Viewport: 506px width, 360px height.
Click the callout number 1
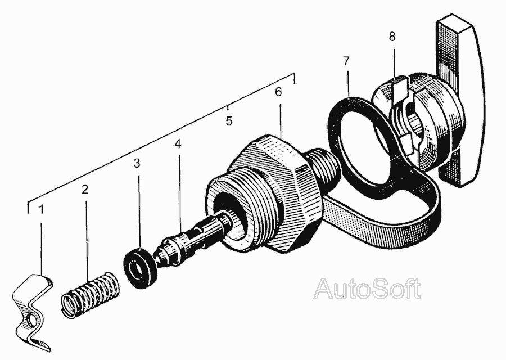[41, 210]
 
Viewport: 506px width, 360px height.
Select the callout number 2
[85, 190]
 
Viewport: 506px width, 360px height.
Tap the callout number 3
[137, 163]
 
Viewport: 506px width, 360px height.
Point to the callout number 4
[178, 144]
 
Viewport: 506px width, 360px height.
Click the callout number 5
[229, 121]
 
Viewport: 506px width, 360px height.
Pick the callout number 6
[278, 92]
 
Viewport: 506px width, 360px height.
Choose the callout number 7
[346, 61]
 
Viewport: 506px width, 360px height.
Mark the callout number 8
[392, 37]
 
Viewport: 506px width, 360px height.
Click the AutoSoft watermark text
[367, 289]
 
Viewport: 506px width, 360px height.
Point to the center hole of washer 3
[138, 268]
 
